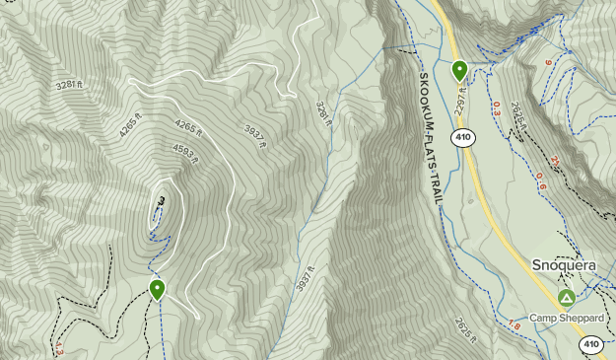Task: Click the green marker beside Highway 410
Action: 459,70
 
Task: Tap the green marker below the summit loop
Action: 158,288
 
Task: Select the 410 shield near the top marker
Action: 463,137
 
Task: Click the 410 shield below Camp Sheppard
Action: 589,344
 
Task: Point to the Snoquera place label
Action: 564,264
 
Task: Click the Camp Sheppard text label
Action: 564,318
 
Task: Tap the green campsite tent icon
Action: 566,297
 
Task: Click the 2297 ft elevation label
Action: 461,95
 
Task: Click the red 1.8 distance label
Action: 513,325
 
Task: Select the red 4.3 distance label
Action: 60,347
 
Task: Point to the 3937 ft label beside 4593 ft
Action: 254,136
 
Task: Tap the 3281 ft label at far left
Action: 66,85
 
